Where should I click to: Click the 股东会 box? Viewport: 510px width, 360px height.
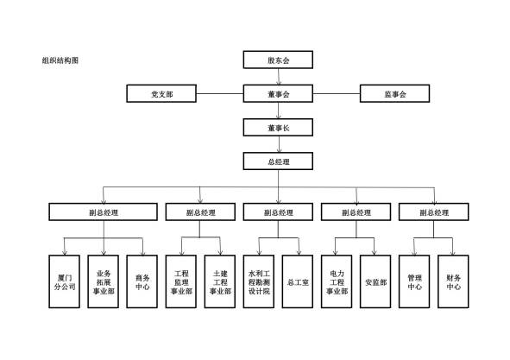(x=278, y=60)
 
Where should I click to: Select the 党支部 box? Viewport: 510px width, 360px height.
(x=161, y=93)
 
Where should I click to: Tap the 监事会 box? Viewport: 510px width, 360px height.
(x=395, y=93)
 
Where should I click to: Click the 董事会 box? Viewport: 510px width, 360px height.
(x=278, y=93)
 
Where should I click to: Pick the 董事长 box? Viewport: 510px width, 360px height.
(x=278, y=127)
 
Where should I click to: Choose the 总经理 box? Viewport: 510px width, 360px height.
(x=278, y=161)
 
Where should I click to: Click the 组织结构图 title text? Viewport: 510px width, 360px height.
(x=60, y=60)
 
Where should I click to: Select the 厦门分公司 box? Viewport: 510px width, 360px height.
(x=65, y=281)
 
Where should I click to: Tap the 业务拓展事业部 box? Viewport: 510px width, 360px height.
(x=104, y=281)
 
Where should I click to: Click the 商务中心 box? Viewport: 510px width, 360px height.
(x=142, y=281)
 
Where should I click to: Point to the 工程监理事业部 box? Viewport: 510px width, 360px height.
(x=181, y=281)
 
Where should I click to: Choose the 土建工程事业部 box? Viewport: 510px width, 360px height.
(x=220, y=281)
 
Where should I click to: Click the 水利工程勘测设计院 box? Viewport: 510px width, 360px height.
(x=259, y=281)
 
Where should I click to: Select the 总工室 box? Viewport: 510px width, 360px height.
(x=298, y=281)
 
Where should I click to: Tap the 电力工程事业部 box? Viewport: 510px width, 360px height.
(x=337, y=281)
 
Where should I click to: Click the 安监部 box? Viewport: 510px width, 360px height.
(x=375, y=281)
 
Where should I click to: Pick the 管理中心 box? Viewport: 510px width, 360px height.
(x=414, y=281)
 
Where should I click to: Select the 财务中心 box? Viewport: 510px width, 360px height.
(x=453, y=281)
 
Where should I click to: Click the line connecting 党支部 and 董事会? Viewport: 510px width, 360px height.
(x=220, y=94)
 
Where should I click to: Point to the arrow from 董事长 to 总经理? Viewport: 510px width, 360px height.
(x=279, y=144)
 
